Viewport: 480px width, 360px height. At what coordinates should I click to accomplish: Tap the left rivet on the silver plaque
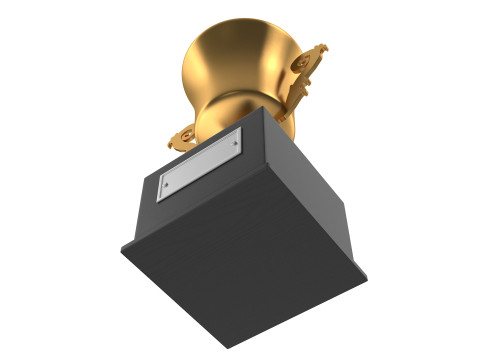[x=166, y=186]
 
